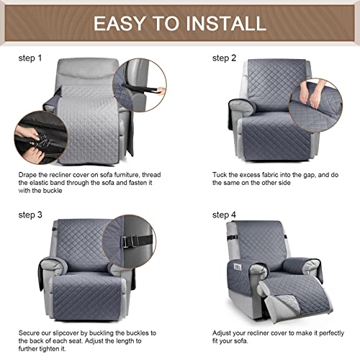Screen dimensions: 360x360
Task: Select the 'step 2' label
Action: pos(225,57)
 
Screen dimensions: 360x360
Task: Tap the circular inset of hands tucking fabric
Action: pos(316,100)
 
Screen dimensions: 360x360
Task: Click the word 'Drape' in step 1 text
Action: pos(30,175)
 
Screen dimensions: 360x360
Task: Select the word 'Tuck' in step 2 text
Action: pos(221,175)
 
